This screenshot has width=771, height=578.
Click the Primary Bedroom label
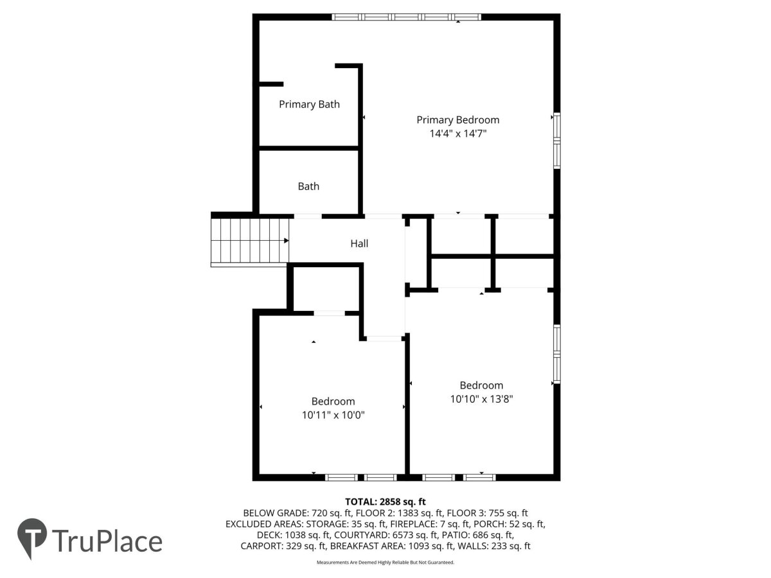(457, 120)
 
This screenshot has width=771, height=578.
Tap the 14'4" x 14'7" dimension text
(458, 134)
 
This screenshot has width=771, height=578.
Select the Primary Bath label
(309, 105)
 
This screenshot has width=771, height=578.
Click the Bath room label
(308, 186)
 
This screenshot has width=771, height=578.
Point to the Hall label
(359, 243)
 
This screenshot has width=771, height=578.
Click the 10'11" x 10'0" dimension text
(333, 415)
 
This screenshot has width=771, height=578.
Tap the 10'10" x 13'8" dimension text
(481, 399)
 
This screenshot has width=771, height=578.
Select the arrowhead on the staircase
(287, 240)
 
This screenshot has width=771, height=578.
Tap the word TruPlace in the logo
(107, 541)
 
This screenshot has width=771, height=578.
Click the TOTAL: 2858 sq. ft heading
(385, 502)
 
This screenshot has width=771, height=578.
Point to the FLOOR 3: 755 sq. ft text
(487, 513)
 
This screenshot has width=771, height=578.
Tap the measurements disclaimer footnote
(385, 562)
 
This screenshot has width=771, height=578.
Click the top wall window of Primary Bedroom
(407, 17)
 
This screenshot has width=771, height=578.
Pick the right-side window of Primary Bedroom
(557, 141)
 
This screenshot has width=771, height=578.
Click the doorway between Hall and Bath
(308, 216)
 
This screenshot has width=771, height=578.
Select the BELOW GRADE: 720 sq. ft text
(297, 513)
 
